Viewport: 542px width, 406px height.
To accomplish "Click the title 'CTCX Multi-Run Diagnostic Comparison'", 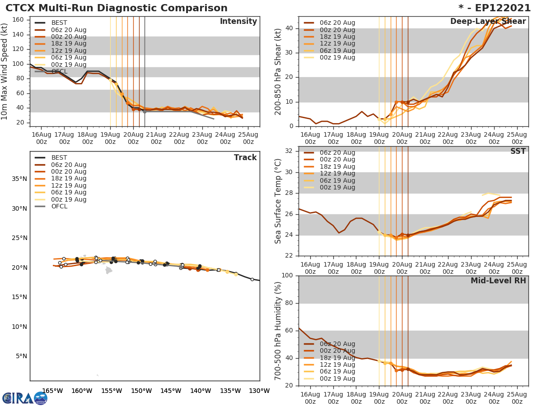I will coord(117,8).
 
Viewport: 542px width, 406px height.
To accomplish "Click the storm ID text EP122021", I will coord(499,8).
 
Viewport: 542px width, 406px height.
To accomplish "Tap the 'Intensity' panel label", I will coord(238,22).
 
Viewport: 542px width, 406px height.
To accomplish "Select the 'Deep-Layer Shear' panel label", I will coord(488,22).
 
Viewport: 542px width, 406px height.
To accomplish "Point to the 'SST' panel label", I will coord(518,152).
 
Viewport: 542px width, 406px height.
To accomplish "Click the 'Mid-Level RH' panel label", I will coord(498,281).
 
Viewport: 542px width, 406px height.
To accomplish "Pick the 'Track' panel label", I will coord(245,157).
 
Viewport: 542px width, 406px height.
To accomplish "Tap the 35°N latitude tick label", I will coord(19,179).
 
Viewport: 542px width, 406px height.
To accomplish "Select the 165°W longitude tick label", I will coord(52,391).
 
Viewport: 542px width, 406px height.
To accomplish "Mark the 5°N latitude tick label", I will coord(21,356).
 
